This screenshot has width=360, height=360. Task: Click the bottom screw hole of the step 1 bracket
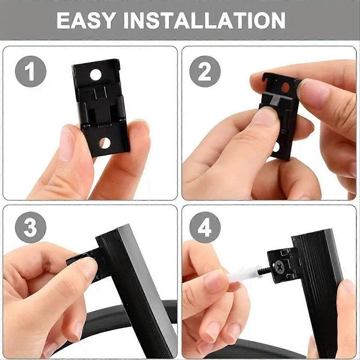(x=104, y=143)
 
